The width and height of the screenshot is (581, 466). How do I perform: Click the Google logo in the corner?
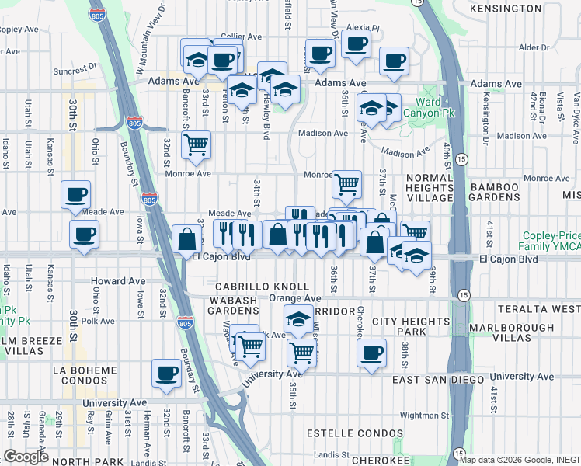click(x=26, y=457)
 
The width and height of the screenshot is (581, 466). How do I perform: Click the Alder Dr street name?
click(x=534, y=47)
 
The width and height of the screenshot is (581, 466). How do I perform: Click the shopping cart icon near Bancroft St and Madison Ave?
click(x=197, y=143)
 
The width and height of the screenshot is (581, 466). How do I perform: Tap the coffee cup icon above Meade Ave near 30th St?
click(x=76, y=193)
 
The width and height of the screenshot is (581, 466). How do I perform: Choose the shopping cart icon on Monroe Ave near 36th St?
click(x=346, y=183)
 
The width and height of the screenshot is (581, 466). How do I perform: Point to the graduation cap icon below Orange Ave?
click(x=298, y=319)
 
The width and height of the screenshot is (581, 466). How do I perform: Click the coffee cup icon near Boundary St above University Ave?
click(x=166, y=373)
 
